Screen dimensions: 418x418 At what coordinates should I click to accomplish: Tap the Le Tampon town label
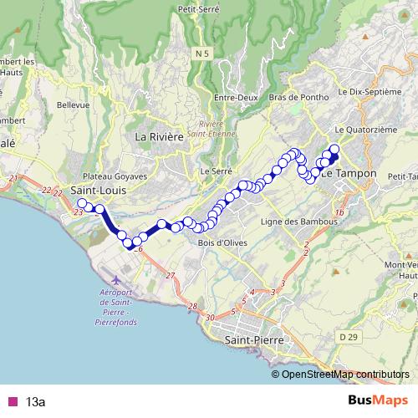click(349, 173)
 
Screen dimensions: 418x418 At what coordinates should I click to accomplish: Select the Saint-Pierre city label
click(255, 341)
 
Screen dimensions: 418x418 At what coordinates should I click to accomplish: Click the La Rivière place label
click(158, 136)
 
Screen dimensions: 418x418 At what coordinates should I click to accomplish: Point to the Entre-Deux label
click(234, 98)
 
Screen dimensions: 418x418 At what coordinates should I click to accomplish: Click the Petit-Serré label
click(198, 9)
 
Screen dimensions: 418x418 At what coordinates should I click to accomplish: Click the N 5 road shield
click(198, 54)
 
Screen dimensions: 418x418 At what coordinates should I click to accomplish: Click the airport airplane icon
click(115, 277)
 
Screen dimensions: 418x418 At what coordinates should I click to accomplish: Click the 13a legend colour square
click(13, 402)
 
